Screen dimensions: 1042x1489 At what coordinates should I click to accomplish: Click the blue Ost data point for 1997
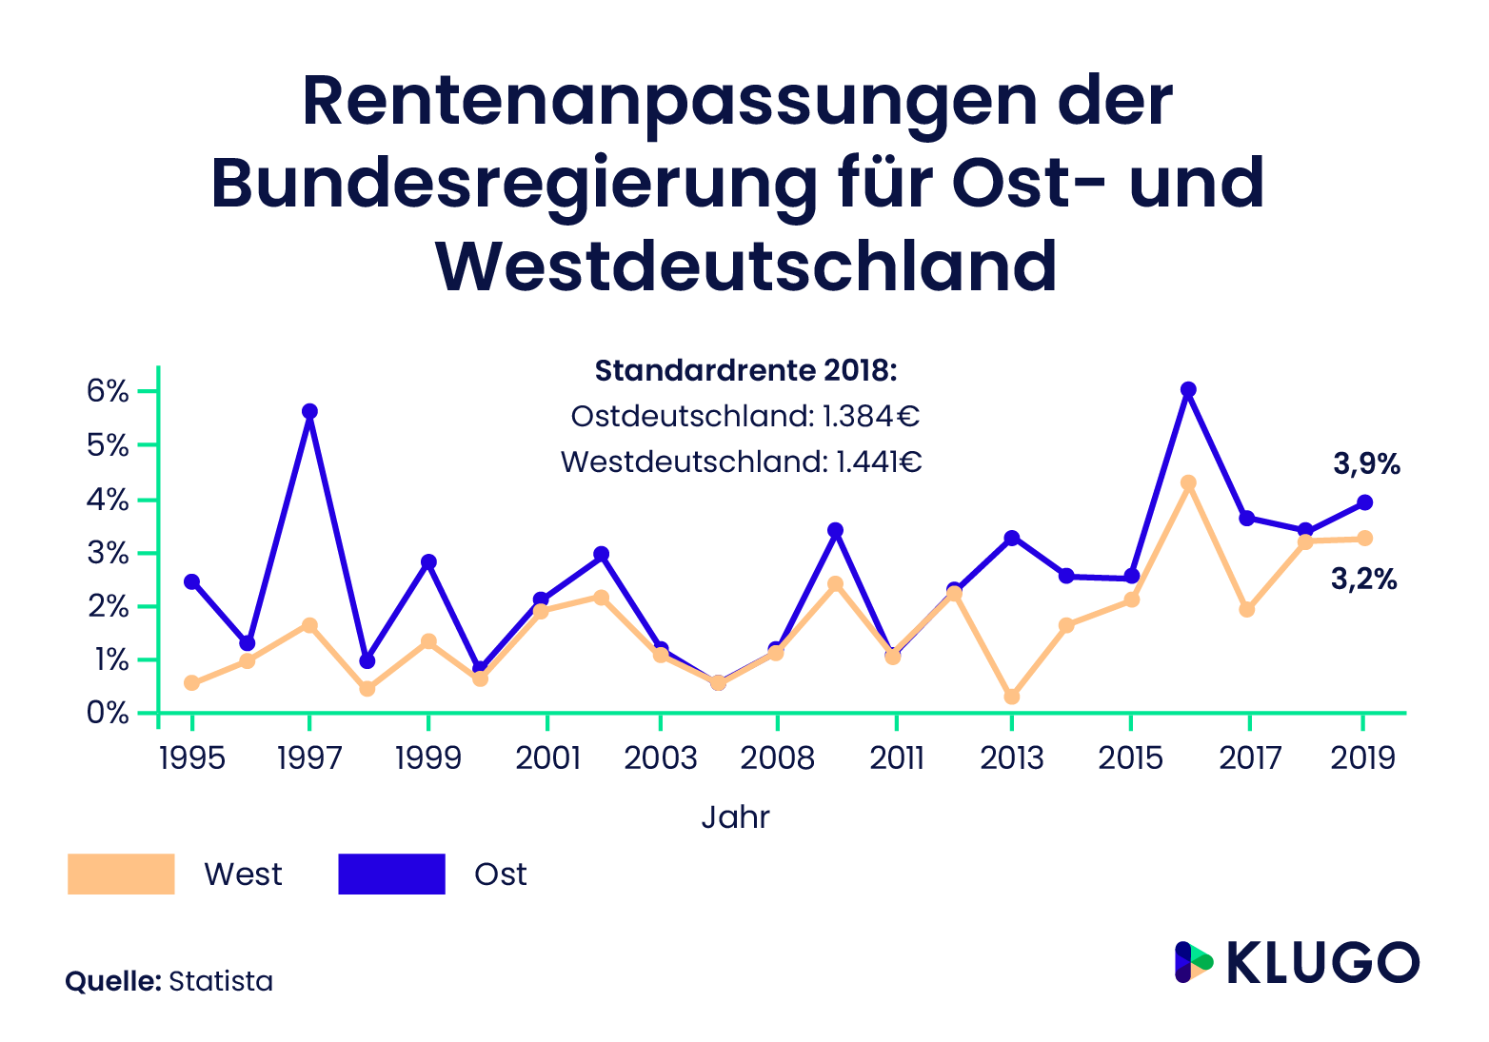tap(309, 411)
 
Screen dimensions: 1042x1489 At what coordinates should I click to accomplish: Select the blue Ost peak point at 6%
tap(1188, 389)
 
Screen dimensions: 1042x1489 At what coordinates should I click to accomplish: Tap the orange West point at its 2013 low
tap(1011, 697)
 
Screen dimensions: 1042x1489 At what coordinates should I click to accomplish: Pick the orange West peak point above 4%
tap(1188, 482)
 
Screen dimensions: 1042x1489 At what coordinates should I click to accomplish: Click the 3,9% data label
tap(1366, 464)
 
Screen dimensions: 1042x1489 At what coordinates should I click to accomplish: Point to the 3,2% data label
tap(1363, 579)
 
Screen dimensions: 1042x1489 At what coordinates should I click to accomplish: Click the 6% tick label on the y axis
tap(107, 391)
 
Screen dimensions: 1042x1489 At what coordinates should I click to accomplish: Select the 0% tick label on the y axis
tap(107, 713)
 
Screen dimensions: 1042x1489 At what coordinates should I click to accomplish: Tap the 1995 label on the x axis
tap(191, 758)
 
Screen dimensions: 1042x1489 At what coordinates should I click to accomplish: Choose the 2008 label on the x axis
tap(778, 758)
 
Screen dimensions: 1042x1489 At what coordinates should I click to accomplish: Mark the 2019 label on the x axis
tap(1363, 758)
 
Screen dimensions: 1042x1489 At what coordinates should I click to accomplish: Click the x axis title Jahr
tap(735, 817)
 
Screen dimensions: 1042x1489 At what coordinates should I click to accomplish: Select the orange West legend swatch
tap(121, 874)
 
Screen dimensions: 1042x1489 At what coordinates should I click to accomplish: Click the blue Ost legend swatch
tap(391, 874)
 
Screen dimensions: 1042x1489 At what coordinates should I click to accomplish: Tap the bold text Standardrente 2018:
tap(745, 370)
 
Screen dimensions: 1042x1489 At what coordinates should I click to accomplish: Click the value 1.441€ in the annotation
tap(879, 462)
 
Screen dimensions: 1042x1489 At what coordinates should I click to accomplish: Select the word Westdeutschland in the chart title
tap(746, 267)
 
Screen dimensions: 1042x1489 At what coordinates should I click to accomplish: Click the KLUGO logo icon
tap(1193, 962)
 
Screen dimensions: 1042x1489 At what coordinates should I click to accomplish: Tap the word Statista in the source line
tap(221, 981)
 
